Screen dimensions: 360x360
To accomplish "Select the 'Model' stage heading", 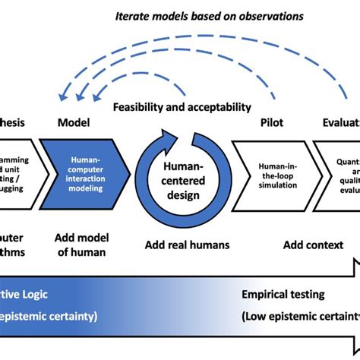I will point(74,122).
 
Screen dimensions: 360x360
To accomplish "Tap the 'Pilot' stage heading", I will point(271,122).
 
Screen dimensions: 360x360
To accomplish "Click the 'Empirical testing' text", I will point(283,293).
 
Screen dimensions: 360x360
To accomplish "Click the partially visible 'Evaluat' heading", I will point(339,122).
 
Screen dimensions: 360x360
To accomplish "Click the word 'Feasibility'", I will point(143,108).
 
